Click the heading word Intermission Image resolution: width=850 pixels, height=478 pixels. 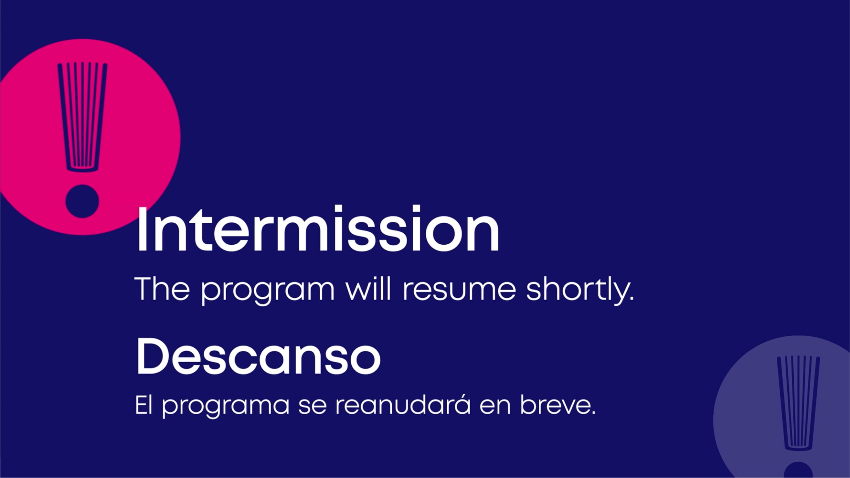pyautogui.click(x=318, y=228)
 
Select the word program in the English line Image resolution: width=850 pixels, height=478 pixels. pyautogui.click(x=268, y=292)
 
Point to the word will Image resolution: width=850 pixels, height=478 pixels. pyautogui.click(x=368, y=289)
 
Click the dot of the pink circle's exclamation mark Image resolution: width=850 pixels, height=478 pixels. pyautogui.click(x=82, y=201)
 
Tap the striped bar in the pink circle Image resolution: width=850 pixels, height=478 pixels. pyautogui.click(x=82, y=117)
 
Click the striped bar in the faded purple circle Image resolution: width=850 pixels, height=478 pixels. pyautogui.click(x=798, y=403)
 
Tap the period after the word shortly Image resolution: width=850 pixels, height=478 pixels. pyautogui.click(x=631, y=298)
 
